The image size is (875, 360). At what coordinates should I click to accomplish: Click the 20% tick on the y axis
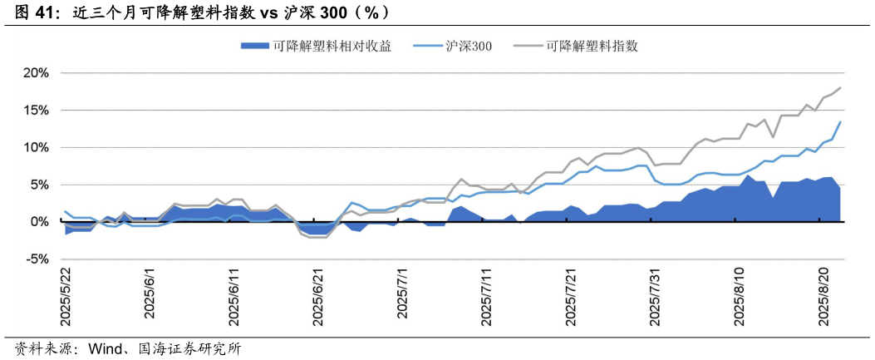click(x=36, y=73)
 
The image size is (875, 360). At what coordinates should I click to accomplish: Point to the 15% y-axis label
click(x=36, y=111)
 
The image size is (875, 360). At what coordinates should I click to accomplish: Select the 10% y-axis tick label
click(x=36, y=148)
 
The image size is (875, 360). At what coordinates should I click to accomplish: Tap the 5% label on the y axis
click(x=38, y=185)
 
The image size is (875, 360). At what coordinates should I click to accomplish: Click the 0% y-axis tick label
click(x=38, y=222)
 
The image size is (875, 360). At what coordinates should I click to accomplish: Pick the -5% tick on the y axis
click(x=37, y=259)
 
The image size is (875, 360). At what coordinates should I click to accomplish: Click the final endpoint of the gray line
click(x=841, y=87)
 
